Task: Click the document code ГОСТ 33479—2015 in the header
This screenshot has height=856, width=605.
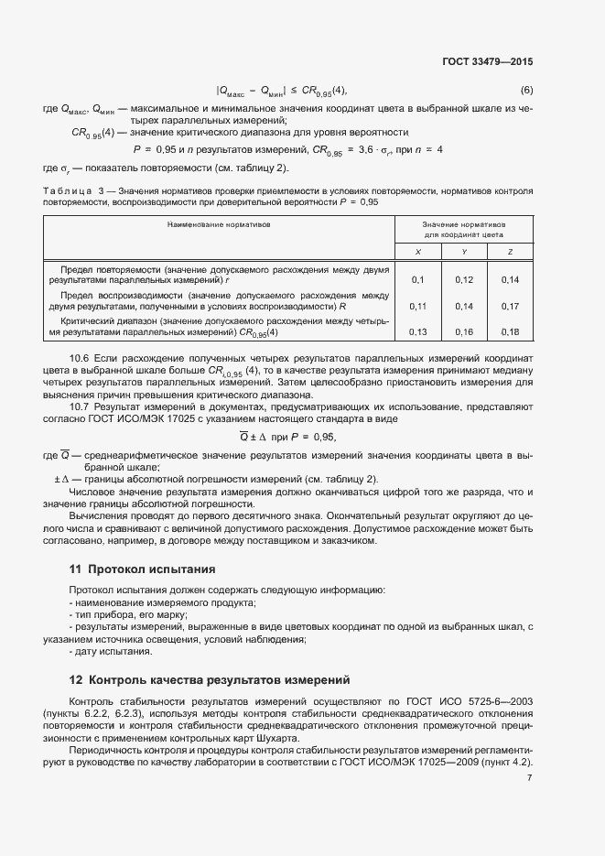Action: pyautogui.click(x=488, y=61)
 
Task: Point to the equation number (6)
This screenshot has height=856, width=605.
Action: pyautogui.click(x=526, y=90)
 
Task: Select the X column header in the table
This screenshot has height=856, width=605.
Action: pyautogui.click(x=417, y=251)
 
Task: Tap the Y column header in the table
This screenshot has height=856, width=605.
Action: pyautogui.click(x=464, y=251)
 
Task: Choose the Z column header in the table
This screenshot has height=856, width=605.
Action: pyautogui.click(x=510, y=251)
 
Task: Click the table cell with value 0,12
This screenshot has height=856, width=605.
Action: pyautogui.click(x=464, y=279)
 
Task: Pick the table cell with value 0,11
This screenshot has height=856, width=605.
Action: pyautogui.click(x=417, y=306)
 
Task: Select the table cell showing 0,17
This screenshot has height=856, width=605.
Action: pyautogui.click(x=510, y=306)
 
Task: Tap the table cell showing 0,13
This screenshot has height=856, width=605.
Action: pyautogui.click(x=417, y=331)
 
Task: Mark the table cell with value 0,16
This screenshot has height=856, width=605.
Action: pyautogui.click(x=464, y=331)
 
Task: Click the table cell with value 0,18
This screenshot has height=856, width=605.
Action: pyautogui.click(x=510, y=331)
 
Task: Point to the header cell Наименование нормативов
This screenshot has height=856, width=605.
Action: pyautogui.click(x=219, y=223)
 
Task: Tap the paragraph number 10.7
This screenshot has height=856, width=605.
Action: pyautogui.click(x=80, y=404)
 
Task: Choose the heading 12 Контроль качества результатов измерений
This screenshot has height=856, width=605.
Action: pyautogui.click(x=210, y=679)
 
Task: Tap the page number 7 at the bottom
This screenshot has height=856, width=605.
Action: pyautogui.click(x=529, y=777)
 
